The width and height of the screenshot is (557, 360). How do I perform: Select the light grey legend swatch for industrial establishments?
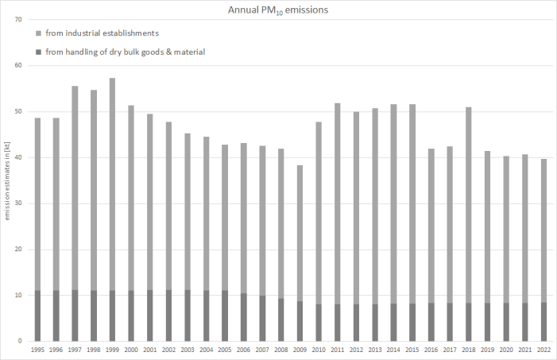tap(39, 33)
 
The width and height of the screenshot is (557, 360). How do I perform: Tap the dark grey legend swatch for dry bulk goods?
tap(39, 52)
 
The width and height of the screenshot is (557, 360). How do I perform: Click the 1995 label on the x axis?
tap(37, 349)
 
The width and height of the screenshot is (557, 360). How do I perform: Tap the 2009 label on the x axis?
tap(300, 349)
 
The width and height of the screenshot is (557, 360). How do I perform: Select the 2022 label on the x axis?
tap(544, 349)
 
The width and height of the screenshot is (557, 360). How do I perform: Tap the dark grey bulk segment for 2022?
tap(544, 322)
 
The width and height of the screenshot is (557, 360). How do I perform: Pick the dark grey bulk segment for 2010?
tap(319, 323)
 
